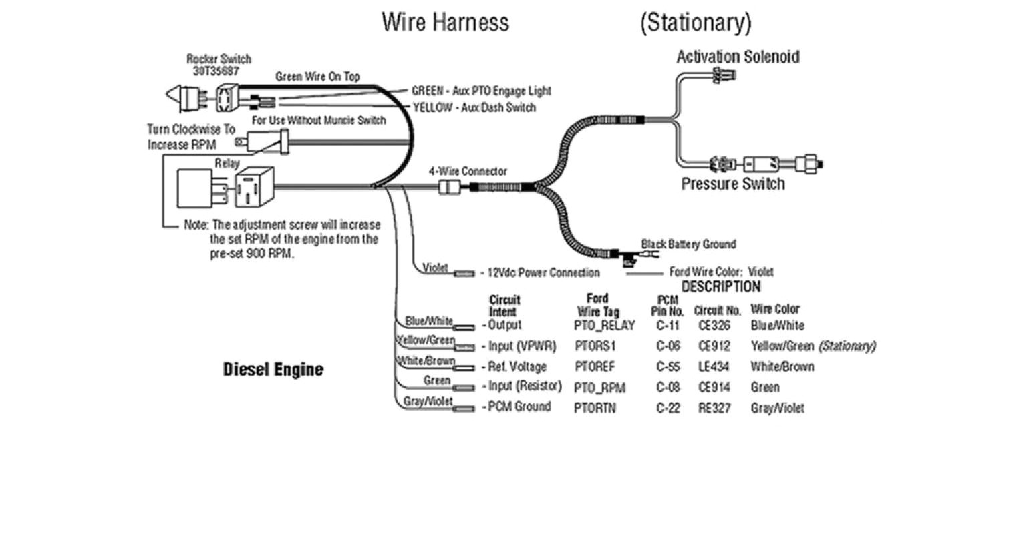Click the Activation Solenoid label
coord(738,57)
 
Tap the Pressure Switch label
coord(733,184)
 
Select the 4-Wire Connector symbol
coord(447,188)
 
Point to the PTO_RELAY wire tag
coord(604,326)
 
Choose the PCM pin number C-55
coord(668,366)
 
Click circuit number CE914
coord(714,387)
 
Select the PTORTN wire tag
coord(595,407)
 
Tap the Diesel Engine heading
coord(273,370)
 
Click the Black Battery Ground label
coord(688,244)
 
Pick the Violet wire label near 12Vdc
coord(435,268)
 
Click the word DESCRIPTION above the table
coord(721,287)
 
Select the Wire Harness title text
coord(445,22)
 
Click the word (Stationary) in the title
coord(696,22)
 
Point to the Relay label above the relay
coord(227,163)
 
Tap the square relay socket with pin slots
coord(254,188)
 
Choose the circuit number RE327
coord(714,408)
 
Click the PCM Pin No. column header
coord(668,306)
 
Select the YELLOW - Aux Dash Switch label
coord(474,107)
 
